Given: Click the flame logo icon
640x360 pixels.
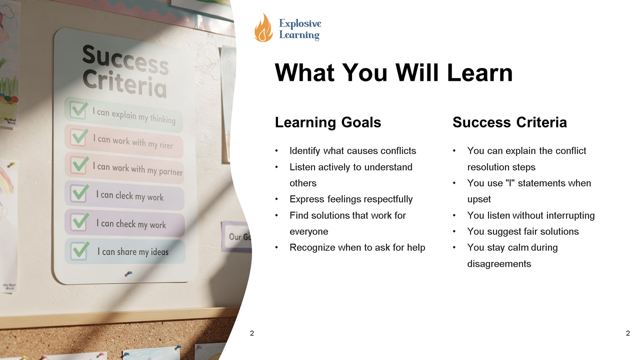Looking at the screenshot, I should tap(263, 28).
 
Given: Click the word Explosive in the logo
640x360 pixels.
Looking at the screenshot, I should tap(300, 24).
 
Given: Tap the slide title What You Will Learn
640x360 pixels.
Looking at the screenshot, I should tap(394, 73).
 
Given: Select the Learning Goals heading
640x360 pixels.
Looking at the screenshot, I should tap(328, 122).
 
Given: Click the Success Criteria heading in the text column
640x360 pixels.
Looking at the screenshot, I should tap(510, 122).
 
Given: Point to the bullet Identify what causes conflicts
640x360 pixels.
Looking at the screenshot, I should tap(353, 151).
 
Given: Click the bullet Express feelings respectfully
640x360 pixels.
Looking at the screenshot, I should tap(351, 199).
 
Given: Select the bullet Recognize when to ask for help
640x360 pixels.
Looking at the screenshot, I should tap(357, 248).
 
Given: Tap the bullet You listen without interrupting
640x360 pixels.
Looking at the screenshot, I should tap(531, 216).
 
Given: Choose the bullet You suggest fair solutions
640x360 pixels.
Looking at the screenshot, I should tap(523, 232).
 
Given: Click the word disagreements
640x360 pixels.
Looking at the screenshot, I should tap(499, 264).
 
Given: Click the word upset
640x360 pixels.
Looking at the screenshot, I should tap(479, 199).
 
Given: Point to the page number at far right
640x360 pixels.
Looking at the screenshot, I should tap(628, 333).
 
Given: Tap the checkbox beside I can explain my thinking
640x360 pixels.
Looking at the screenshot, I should tap(78, 110).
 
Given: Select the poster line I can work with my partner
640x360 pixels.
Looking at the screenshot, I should tap(138, 169).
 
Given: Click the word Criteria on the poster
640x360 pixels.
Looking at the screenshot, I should tap(124, 83).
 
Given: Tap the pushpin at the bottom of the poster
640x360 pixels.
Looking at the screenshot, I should tap(128, 274).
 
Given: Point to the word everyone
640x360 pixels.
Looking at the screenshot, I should tap(309, 232).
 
